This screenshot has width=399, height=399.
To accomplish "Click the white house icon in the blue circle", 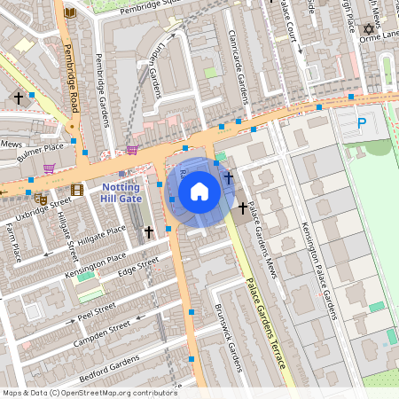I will (x=199, y=191).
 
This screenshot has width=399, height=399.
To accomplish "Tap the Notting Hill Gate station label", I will (x=121, y=193).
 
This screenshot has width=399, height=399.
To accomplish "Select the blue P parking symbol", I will (x=360, y=124).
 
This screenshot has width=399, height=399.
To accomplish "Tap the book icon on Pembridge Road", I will (x=70, y=12).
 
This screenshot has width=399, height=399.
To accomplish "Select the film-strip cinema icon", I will (x=77, y=189).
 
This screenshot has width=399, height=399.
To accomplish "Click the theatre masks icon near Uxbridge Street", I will (x=40, y=199).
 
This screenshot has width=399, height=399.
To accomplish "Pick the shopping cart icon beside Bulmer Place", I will (x=50, y=167).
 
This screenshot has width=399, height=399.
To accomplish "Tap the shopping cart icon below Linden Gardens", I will (x=132, y=151).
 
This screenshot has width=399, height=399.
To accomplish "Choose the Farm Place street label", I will (x=12, y=241).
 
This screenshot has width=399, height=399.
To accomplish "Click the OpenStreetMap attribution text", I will (x=90, y=392).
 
